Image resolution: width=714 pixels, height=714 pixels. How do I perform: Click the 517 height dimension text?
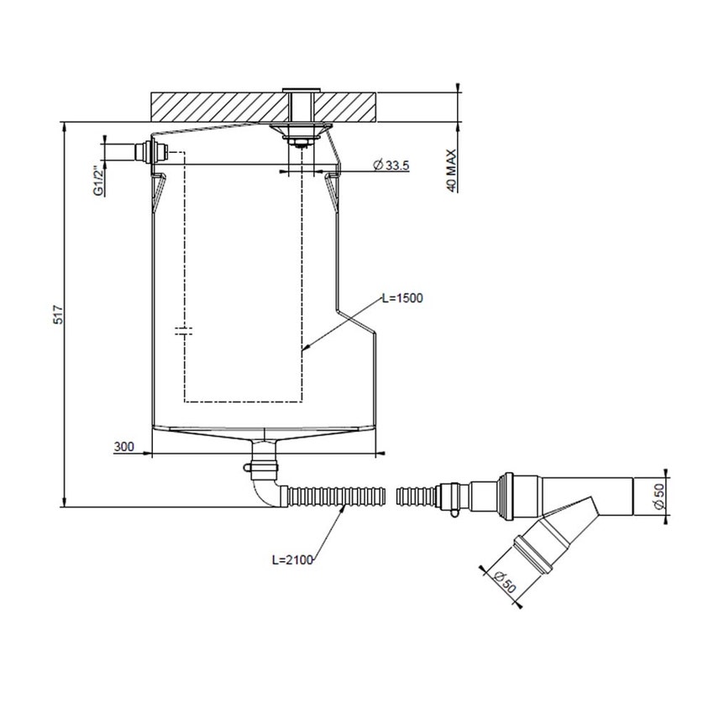click(x=58, y=314)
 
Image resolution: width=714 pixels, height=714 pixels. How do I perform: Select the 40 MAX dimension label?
click(x=451, y=171)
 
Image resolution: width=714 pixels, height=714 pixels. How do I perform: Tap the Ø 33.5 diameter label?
click(x=391, y=166)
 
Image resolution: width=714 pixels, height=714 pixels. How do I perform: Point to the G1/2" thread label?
click(x=99, y=181)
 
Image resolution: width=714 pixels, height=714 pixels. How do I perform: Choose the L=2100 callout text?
click(x=293, y=559)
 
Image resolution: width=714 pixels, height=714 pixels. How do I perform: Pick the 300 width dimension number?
click(x=124, y=446)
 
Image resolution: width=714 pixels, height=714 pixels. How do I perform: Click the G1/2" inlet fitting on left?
click(x=147, y=153)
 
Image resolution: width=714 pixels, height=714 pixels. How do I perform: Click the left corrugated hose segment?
click(x=336, y=496)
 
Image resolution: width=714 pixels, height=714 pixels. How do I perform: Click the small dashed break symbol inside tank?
click(x=184, y=330)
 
